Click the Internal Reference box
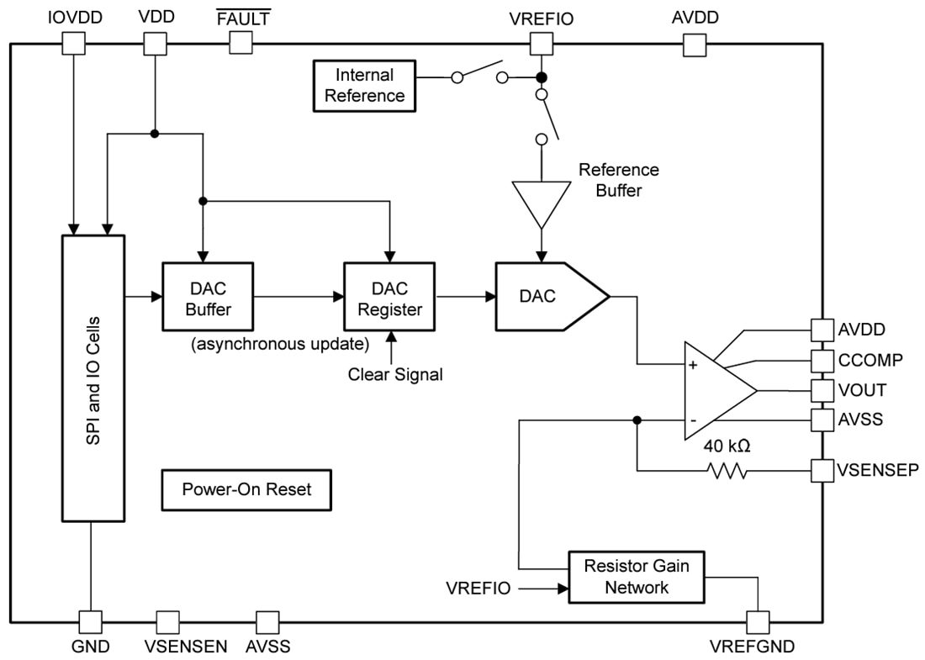click(364, 85)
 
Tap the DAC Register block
click(389, 298)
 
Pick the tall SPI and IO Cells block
click(93, 378)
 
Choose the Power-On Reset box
click(246, 488)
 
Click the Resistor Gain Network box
click(636, 577)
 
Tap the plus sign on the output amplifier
click(693, 365)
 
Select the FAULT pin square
click(241, 43)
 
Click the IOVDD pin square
click(75, 43)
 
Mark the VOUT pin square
click(821, 390)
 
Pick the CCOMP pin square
click(821, 360)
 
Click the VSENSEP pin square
click(821, 471)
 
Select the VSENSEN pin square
click(167, 622)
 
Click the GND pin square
click(91, 622)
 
